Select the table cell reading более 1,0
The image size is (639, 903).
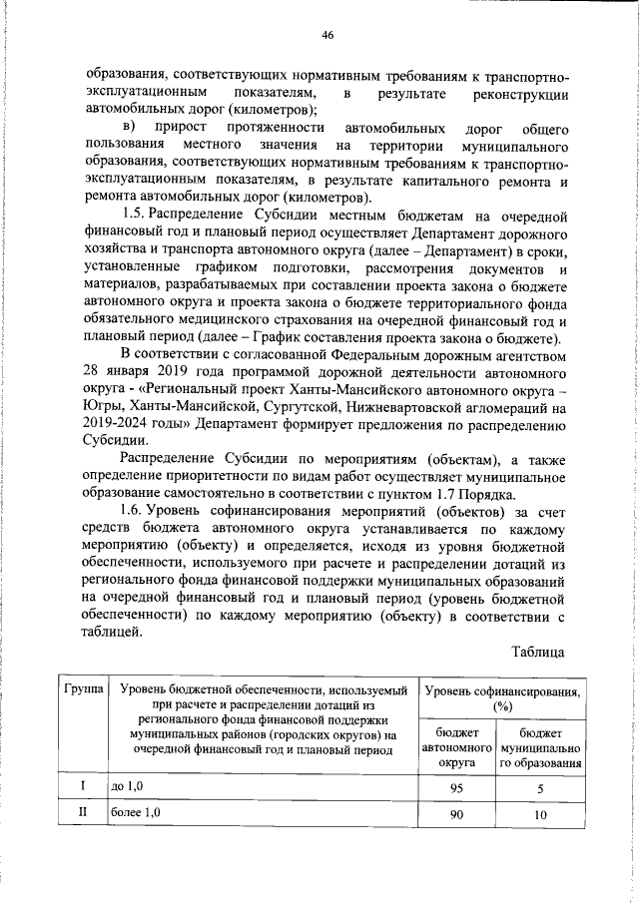[x=135, y=814]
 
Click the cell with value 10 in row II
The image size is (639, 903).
[x=541, y=815]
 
